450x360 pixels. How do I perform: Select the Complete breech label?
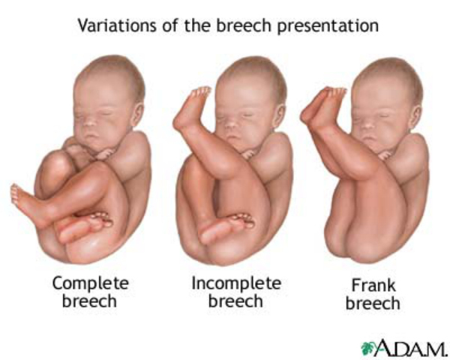90,292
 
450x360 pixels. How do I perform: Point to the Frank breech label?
375,295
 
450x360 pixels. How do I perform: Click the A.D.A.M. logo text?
409,348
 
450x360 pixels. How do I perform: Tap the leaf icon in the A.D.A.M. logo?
368,348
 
